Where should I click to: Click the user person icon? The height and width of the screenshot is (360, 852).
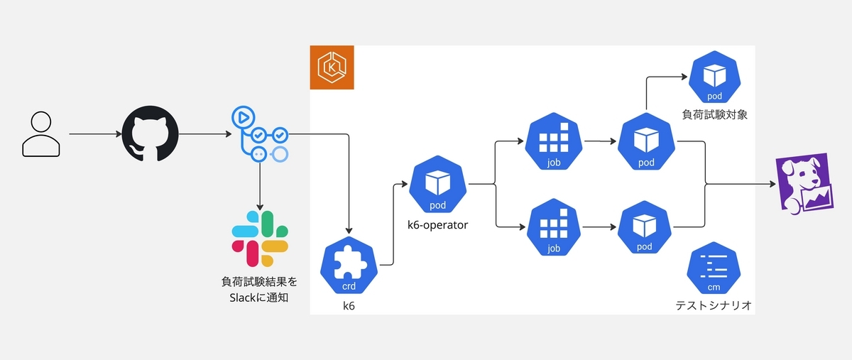41,134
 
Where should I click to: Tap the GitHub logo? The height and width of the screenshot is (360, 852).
151,133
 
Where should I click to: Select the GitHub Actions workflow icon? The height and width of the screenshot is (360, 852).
260,134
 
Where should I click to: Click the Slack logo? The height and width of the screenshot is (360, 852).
260,239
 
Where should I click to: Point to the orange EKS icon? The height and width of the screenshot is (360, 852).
332,67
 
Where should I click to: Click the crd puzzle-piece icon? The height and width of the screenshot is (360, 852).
349,266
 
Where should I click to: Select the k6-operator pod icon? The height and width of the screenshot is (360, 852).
438,184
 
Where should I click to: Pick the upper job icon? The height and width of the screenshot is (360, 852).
554,141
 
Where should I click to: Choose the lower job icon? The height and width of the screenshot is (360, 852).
554,227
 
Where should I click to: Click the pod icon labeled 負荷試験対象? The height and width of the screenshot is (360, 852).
715,77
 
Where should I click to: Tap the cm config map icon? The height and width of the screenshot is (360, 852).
714,268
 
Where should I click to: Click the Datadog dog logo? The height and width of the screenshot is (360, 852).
804,184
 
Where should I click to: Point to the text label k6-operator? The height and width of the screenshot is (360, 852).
438,225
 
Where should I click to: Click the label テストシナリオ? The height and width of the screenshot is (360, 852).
714,305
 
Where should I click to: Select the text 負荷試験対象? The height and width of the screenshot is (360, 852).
715,114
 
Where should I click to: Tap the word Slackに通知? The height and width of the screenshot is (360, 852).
259,298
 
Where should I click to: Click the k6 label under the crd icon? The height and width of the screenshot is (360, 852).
349,306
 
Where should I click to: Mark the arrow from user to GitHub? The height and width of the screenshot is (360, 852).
95,134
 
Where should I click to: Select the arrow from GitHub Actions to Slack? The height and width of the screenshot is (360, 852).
260,187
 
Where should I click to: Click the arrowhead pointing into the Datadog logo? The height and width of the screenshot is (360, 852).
772,184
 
